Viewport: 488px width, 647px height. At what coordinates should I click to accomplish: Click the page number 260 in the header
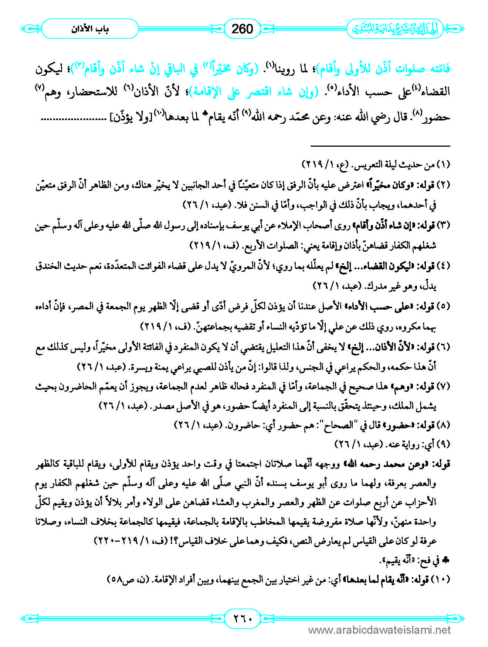(242, 29)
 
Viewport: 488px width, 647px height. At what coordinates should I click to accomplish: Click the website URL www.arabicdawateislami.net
(379, 630)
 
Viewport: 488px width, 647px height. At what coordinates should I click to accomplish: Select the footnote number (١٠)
(441, 580)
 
